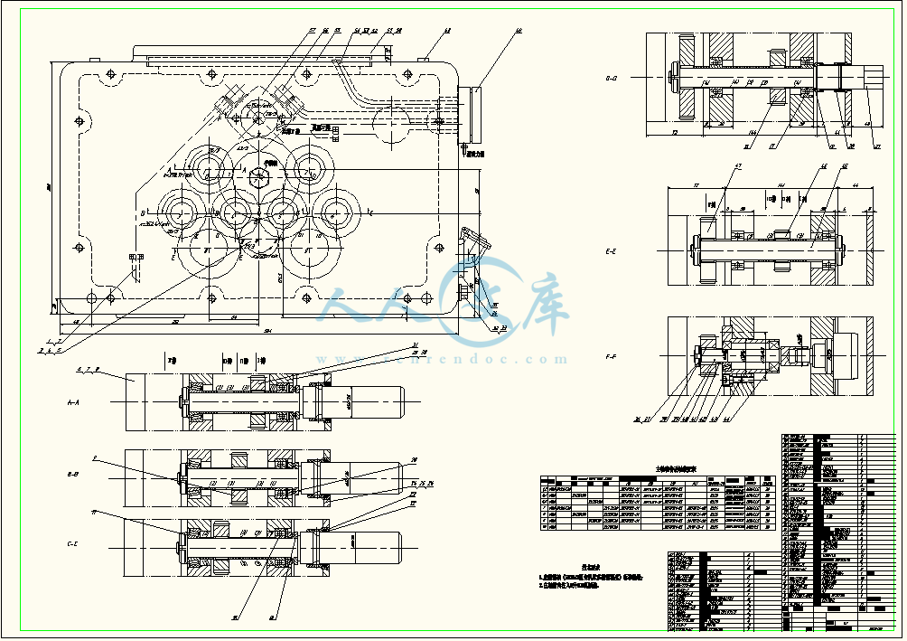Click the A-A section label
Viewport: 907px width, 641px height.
pos(76,399)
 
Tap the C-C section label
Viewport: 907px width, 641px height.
pos(76,544)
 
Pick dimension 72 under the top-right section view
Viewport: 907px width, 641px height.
pos(675,133)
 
